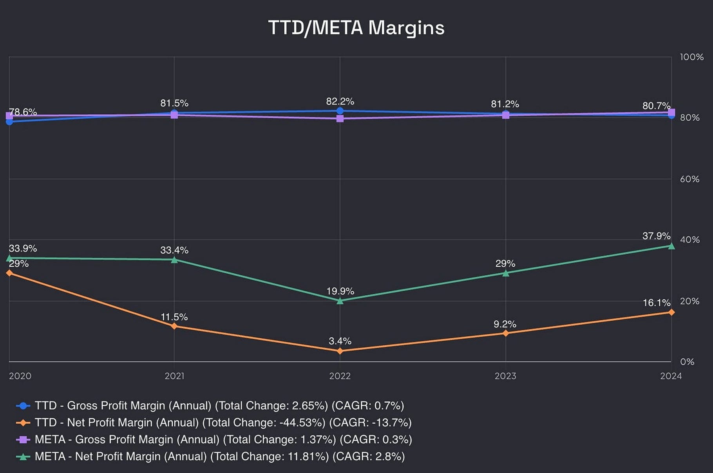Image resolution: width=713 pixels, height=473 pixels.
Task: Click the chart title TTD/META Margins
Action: click(x=356, y=28)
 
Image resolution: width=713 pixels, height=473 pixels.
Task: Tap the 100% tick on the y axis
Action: click(x=691, y=57)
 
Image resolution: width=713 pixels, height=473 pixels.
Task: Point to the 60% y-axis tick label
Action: click(x=689, y=179)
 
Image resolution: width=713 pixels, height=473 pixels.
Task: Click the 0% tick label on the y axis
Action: click(x=687, y=362)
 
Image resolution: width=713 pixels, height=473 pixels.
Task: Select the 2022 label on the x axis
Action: click(x=340, y=376)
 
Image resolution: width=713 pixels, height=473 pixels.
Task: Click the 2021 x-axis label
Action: click(x=174, y=376)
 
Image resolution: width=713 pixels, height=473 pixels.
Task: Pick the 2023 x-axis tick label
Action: click(x=505, y=376)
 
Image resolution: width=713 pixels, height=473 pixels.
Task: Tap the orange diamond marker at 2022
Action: click(x=340, y=351)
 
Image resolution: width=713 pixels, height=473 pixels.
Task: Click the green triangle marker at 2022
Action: click(x=340, y=301)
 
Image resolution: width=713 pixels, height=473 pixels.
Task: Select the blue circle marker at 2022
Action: click(x=340, y=111)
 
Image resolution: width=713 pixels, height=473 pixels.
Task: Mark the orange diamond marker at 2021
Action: click(x=174, y=326)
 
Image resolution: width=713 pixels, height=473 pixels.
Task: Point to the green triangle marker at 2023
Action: click(x=506, y=273)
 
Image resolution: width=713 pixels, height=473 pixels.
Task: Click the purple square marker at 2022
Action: click(x=340, y=118)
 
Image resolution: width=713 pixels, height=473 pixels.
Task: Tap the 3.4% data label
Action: click(x=340, y=341)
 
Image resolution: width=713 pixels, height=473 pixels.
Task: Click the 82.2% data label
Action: click(x=340, y=102)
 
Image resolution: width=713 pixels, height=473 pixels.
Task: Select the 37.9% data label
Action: click(x=656, y=236)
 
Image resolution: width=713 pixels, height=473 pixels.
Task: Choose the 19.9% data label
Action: click(x=340, y=291)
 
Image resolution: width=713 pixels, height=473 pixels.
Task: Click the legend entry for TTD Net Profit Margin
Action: click(x=223, y=422)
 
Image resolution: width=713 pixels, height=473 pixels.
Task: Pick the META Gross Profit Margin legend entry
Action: click(x=223, y=439)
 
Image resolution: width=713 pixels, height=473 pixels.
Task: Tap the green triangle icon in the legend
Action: click(x=23, y=457)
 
